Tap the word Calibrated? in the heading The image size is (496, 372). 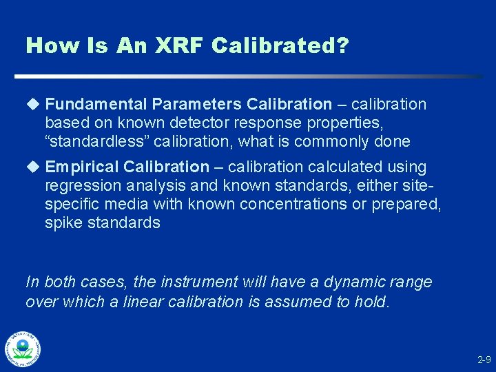coord(280,45)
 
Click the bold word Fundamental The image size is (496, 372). coord(96,104)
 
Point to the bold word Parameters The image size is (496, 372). coord(196,104)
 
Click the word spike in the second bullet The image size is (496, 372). coord(63,223)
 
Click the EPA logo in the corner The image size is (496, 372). coord(22,349)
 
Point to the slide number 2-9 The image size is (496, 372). coord(483,360)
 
